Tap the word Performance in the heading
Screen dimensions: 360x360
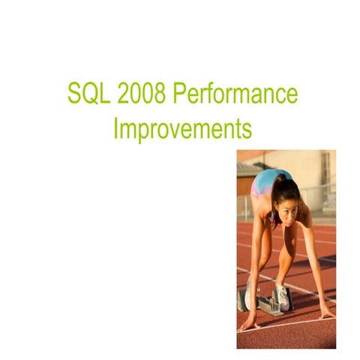coord(234,96)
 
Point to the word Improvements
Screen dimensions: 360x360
coord(182,128)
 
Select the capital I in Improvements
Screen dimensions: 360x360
coord(115,128)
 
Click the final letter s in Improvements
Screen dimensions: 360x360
coord(247,129)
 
